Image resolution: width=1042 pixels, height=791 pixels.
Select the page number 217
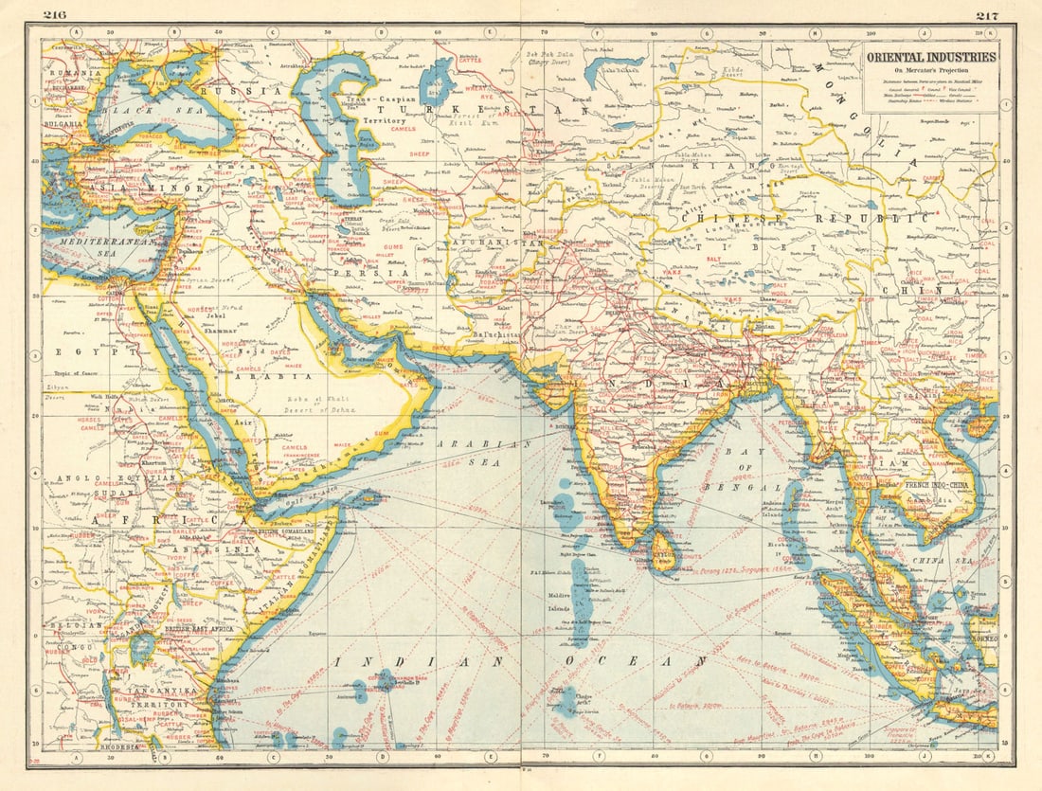point(987,14)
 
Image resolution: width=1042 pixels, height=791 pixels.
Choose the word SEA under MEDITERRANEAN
point(93,253)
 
